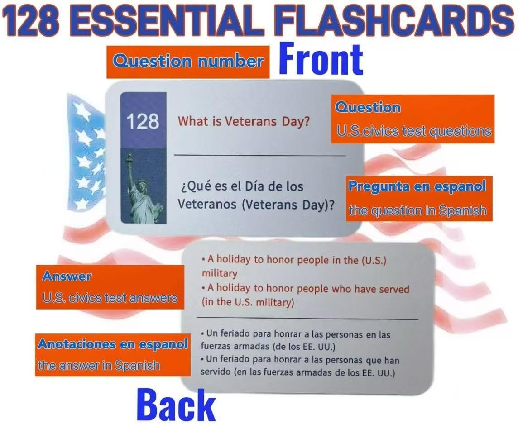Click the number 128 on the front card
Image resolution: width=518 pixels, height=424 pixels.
point(143,121)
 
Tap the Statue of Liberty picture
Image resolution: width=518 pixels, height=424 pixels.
point(144,186)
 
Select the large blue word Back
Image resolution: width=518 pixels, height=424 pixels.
point(176,405)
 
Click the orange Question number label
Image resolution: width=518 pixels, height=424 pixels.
point(188,62)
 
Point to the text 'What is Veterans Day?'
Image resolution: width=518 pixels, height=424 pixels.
point(244,122)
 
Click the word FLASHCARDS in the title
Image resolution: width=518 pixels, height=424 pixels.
point(394,20)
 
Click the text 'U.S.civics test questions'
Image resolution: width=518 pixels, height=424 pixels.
point(413,131)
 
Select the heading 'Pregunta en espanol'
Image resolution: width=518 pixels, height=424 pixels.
point(417,186)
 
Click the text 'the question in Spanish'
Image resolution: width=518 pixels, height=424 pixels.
point(418,210)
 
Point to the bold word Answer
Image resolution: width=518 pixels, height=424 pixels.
point(67,276)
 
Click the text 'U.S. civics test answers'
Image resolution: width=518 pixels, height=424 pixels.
point(110,298)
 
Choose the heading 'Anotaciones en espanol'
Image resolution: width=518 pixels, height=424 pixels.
point(113,344)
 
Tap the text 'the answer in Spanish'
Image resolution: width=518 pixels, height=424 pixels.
point(99,366)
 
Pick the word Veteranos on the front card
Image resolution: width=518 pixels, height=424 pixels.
point(207,204)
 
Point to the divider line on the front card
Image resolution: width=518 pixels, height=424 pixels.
point(259,155)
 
